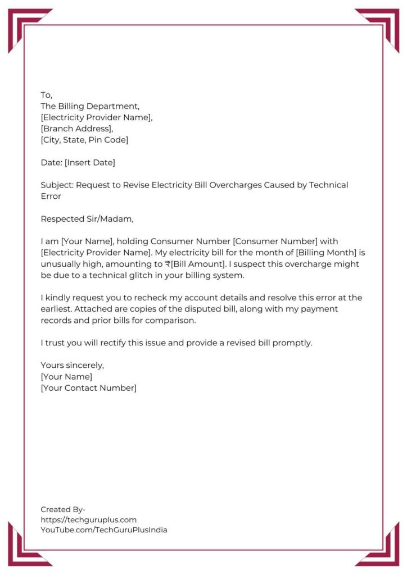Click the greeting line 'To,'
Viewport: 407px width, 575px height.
(46, 95)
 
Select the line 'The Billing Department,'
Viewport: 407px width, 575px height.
(89, 106)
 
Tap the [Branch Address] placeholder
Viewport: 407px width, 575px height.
(77, 129)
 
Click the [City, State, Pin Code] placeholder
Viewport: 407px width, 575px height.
(84, 140)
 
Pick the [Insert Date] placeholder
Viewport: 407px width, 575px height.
(90, 162)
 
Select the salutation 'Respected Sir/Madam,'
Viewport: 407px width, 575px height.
(88, 218)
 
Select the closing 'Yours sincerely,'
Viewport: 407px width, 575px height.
(73, 365)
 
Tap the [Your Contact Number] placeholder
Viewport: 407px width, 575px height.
(88, 387)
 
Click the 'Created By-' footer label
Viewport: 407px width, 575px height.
(63, 509)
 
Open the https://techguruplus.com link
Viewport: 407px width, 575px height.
(88, 519)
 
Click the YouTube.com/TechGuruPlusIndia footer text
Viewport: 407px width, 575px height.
(104, 530)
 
